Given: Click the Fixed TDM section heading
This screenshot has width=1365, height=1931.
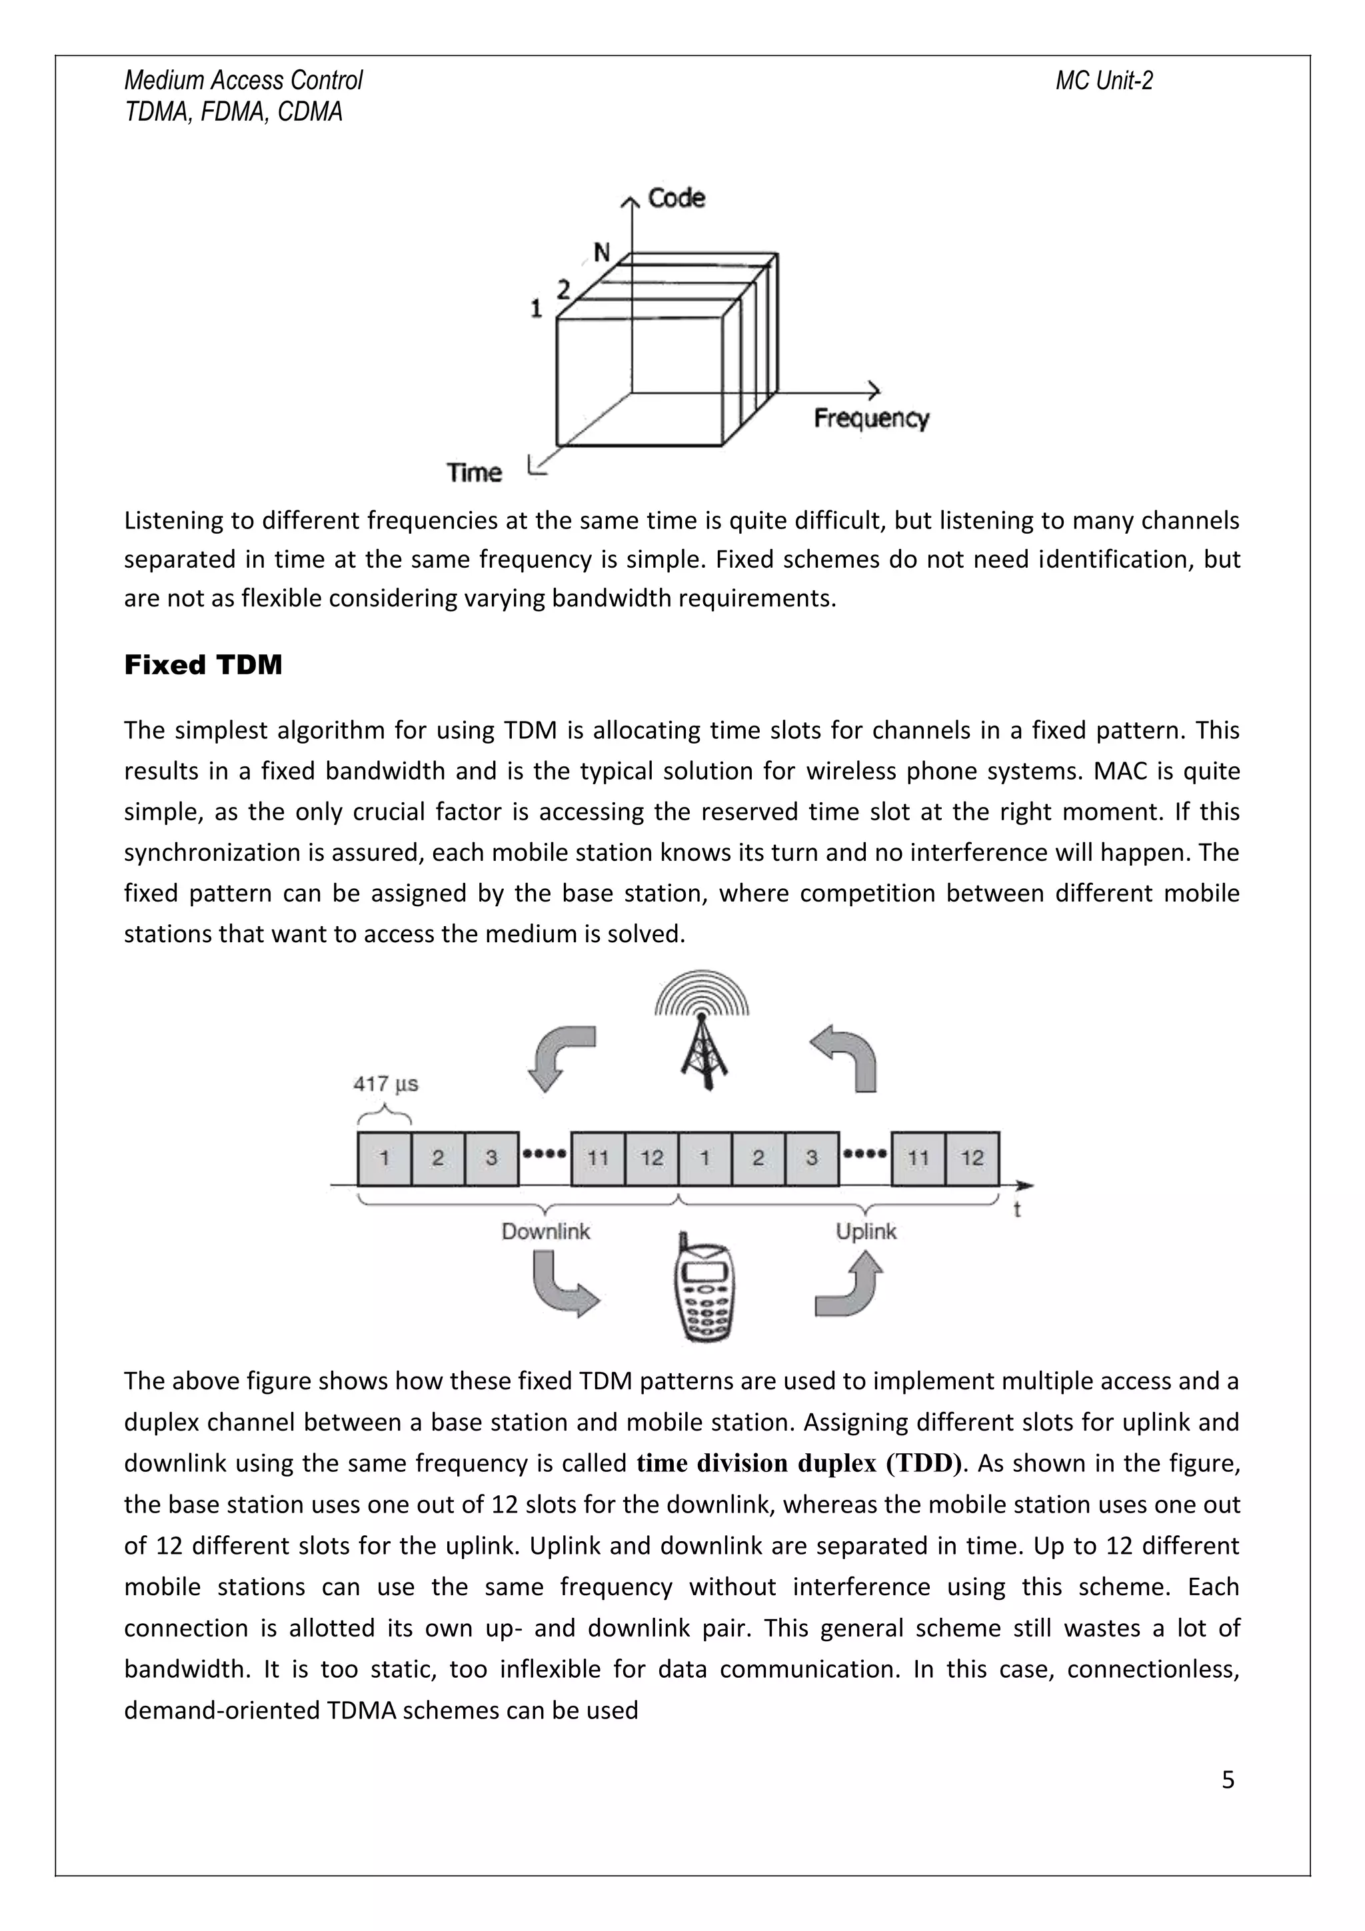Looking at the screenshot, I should [203, 665].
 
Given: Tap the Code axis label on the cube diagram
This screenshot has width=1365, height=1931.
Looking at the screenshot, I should [677, 199].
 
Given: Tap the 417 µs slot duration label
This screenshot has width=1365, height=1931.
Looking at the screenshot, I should [385, 1084].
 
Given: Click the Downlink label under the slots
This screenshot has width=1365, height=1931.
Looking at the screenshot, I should [546, 1231].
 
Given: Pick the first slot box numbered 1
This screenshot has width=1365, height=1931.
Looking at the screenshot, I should [385, 1158].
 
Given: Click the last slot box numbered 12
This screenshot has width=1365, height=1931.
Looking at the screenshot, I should [972, 1158].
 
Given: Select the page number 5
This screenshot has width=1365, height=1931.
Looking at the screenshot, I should [1227, 1780].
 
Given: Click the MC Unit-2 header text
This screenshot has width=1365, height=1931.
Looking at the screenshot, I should [1104, 81].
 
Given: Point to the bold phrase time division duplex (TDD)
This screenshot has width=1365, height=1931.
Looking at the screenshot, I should [798, 1463].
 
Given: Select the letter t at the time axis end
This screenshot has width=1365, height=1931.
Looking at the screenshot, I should [1017, 1210].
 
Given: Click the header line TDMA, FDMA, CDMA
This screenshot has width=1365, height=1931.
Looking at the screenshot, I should [234, 112].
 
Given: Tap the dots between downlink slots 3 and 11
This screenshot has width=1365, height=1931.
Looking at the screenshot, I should [544, 1154].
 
